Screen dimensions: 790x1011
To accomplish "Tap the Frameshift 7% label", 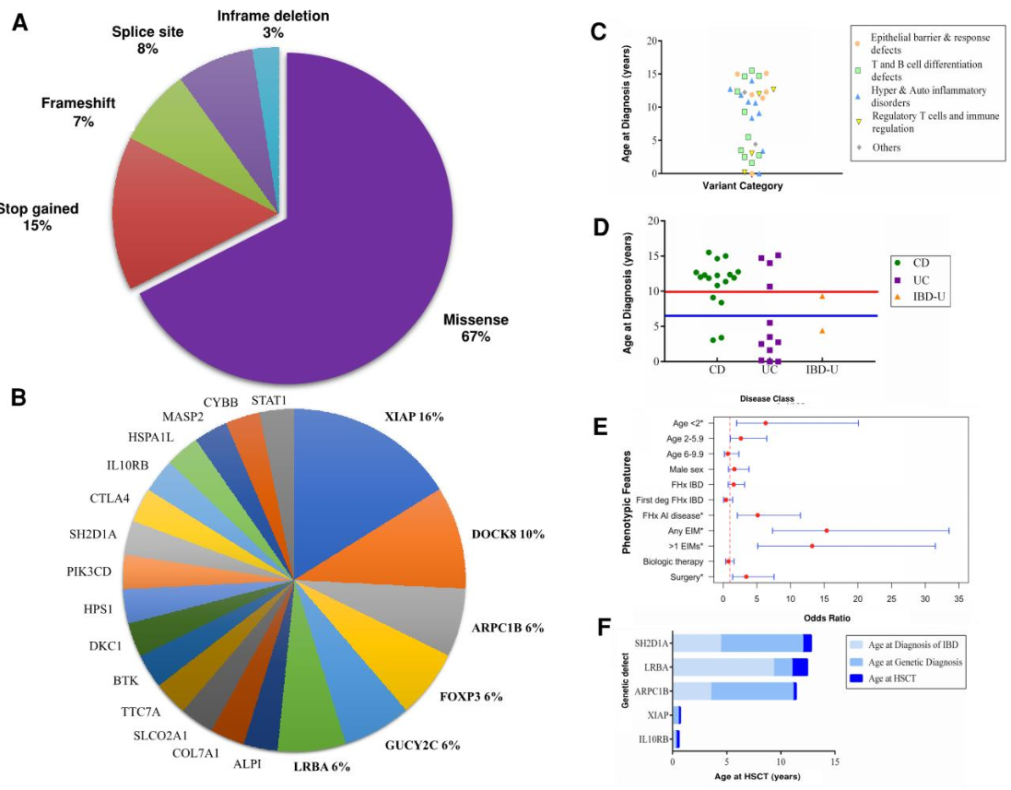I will click(x=78, y=112).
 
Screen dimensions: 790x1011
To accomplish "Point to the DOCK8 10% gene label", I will click(x=508, y=534).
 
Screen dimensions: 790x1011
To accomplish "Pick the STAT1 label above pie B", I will click(x=268, y=400).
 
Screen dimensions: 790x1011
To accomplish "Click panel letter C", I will click(x=598, y=32).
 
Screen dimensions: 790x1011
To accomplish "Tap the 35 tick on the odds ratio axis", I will click(x=959, y=599).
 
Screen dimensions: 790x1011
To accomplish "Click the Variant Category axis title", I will click(x=742, y=185).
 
